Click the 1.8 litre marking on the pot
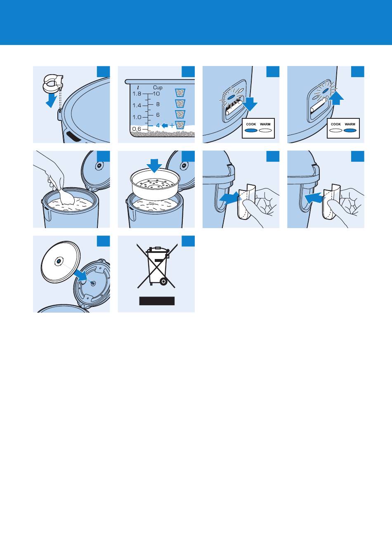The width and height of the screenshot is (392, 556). click(x=137, y=94)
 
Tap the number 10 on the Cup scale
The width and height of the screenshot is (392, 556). click(x=156, y=94)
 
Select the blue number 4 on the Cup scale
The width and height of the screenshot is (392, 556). click(x=158, y=126)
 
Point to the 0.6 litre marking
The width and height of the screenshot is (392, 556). click(x=137, y=129)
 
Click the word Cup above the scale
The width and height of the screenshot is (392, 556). click(x=158, y=87)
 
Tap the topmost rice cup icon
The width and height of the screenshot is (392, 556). click(x=180, y=92)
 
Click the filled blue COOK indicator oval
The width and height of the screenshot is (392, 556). click(x=251, y=130)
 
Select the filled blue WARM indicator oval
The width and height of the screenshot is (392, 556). click(x=350, y=130)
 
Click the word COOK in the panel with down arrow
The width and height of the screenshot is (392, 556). click(x=251, y=124)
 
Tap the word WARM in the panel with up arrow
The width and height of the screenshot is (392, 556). click(x=350, y=124)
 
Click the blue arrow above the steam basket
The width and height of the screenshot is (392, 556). click(x=154, y=165)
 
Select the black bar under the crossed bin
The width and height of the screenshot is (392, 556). click(x=157, y=301)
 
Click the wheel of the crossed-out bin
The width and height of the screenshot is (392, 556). click(x=163, y=281)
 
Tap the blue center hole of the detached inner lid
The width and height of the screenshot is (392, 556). click(x=59, y=262)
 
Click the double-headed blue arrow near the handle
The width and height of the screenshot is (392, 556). click(x=231, y=198)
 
